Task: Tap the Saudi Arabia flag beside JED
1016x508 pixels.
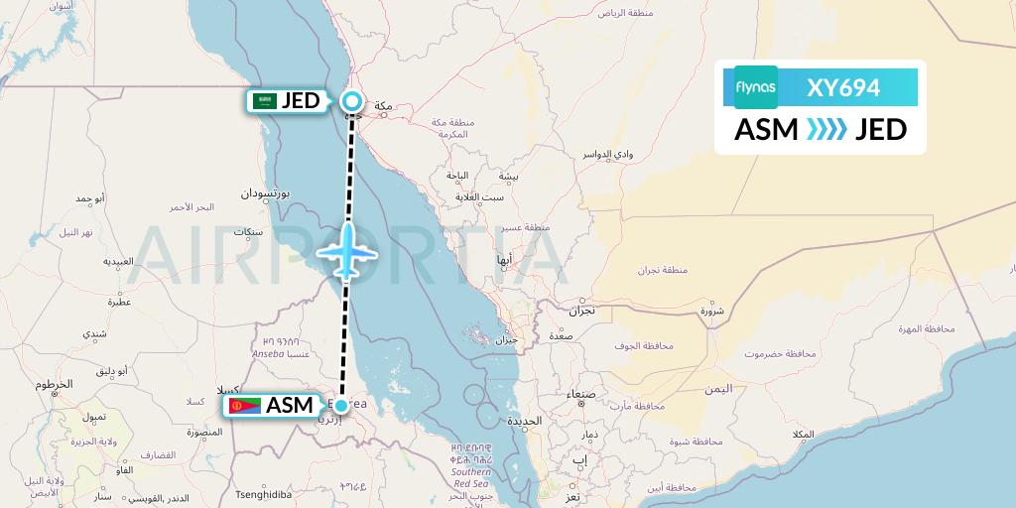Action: click(263, 100)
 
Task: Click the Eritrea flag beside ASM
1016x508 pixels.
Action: click(242, 406)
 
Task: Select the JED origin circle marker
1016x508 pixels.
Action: click(352, 100)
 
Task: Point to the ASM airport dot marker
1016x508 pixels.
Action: click(341, 406)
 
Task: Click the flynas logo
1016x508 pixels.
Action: click(756, 87)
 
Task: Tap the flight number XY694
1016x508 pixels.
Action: click(843, 87)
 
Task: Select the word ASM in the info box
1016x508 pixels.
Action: click(765, 130)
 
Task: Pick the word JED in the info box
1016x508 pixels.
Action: click(881, 130)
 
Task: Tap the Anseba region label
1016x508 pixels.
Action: click(268, 352)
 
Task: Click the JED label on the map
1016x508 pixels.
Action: click(300, 100)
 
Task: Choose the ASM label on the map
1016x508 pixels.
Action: click(289, 406)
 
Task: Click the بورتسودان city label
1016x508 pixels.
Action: click(264, 194)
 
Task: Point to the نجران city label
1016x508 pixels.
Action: click(581, 311)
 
